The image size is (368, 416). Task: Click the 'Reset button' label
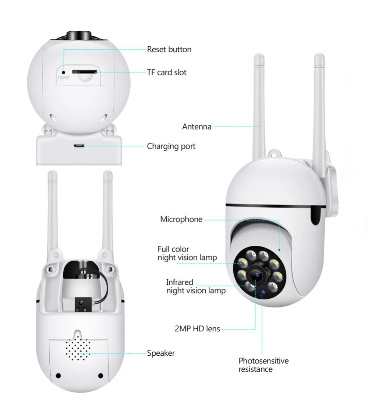click(169, 49)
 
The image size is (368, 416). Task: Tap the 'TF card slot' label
click(167, 72)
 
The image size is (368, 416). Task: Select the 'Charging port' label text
click(171, 146)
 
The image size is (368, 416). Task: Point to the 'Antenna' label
click(197, 127)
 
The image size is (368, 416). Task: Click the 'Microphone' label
click(181, 220)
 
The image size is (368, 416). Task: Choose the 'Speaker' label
click(161, 353)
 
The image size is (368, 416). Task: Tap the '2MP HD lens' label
click(197, 328)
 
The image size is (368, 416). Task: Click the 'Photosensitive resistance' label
click(263, 365)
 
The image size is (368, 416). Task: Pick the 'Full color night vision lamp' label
click(187, 253)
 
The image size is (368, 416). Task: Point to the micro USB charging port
click(78, 146)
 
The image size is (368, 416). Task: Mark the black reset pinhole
click(63, 72)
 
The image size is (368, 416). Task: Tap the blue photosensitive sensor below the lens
click(262, 293)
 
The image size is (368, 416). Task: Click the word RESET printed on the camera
click(63, 78)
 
